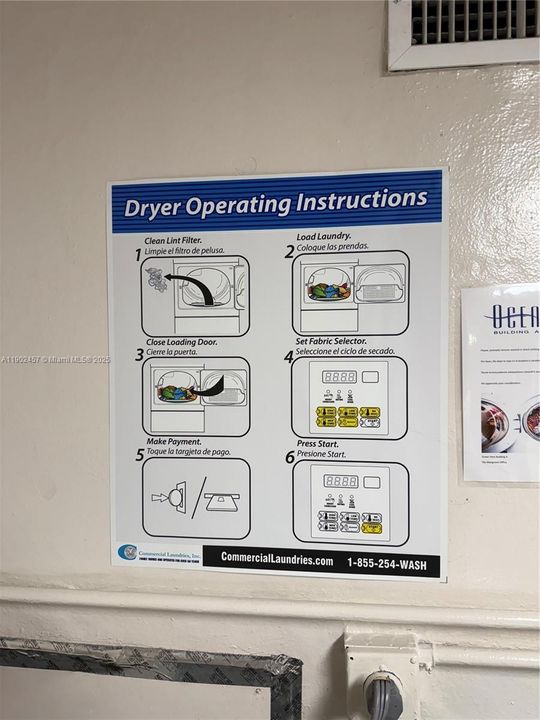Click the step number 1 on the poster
[139, 255]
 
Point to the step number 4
[289, 357]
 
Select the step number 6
[289, 457]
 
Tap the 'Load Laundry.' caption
[323, 237]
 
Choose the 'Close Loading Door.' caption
[181, 342]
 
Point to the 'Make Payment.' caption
[173, 441]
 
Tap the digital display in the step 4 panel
[339, 377]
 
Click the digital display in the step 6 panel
[340, 481]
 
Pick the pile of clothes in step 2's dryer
[329, 291]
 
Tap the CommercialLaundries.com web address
[277, 559]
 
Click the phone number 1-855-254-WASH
[386, 564]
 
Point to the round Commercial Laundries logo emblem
[127, 551]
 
